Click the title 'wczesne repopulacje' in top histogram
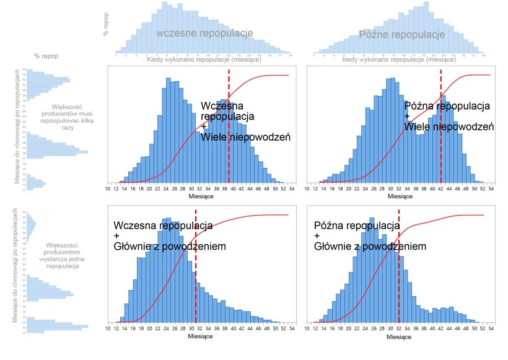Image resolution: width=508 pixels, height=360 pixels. click(204, 33)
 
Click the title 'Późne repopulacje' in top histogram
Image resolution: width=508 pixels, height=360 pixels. click(402, 35)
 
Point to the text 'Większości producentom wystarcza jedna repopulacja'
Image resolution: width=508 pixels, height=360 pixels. click(62, 255)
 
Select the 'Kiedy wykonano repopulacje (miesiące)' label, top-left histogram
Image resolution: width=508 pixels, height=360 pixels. click(204, 60)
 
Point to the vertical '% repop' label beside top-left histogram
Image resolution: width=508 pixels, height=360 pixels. click(106, 25)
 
